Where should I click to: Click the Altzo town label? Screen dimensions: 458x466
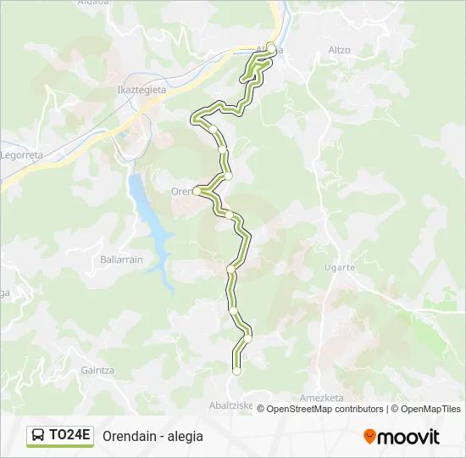pyautogui.click(x=339, y=50)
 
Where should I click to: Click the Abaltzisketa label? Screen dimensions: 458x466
pyautogui.click(x=231, y=405)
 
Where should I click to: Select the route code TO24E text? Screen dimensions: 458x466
pyautogui.click(x=69, y=436)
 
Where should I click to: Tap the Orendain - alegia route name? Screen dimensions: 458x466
pyautogui.click(x=153, y=436)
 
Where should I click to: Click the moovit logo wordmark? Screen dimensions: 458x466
pyautogui.click(x=408, y=437)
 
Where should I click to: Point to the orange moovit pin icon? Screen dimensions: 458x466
pyautogui.click(x=369, y=437)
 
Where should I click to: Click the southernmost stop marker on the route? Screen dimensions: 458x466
pyautogui.click(x=236, y=371)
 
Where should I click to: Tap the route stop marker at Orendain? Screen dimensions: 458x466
pyautogui.click(x=197, y=192)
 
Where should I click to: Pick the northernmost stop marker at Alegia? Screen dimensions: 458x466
pyautogui.click(x=271, y=46)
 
